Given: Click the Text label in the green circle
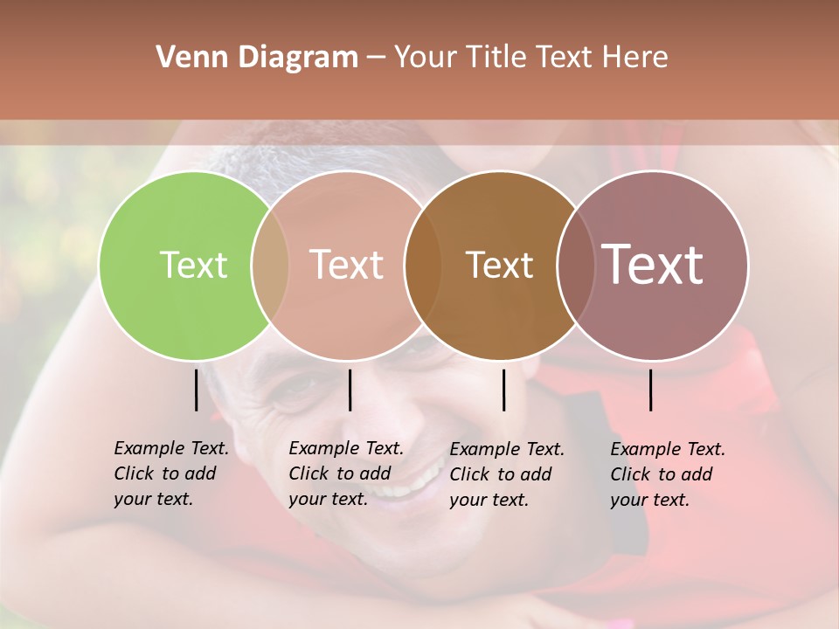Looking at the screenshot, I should (x=193, y=265).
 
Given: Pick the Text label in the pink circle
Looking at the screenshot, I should (x=346, y=265).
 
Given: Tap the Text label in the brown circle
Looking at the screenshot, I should (x=499, y=265).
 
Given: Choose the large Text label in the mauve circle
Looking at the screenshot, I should (x=652, y=265).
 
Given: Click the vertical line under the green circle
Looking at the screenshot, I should (x=196, y=390).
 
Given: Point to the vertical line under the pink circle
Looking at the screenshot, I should (x=350, y=390).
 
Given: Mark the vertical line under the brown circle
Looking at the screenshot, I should (x=503, y=390).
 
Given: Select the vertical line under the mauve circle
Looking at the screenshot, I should (x=650, y=390).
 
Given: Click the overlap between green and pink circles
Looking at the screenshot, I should (x=270, y=266).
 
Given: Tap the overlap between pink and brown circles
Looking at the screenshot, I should (x=422, y=266).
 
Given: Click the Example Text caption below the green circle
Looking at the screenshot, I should (x=170, y=473).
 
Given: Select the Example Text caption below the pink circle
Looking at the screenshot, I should (x=345, y=473).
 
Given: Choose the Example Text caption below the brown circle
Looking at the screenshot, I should (x=506, y=473).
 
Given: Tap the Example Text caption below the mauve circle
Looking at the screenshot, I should (x=667, y=473).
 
